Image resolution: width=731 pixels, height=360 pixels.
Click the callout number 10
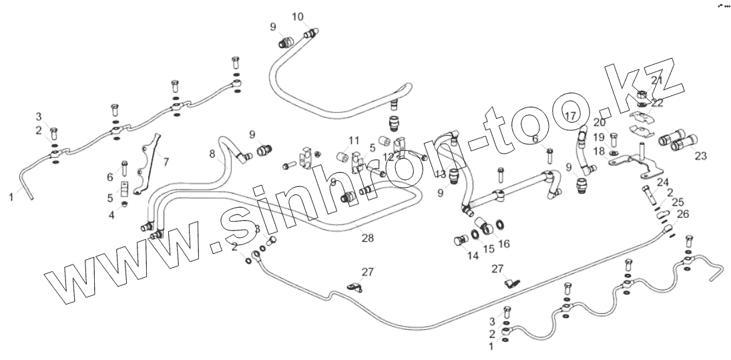pos(297,16)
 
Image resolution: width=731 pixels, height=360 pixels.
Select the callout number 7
pos(166,161)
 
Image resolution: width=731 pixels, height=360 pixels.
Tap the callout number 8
pos(212,154)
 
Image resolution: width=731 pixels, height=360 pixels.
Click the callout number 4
pos(111,214)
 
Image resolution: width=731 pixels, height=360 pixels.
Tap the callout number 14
pos(473,255)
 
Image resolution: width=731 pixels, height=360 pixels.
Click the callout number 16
pos(504,244)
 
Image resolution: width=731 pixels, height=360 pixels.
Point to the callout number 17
pos(569,116)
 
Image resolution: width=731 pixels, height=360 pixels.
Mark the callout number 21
pos(657,81)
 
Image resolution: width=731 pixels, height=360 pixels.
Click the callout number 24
pos(663,182)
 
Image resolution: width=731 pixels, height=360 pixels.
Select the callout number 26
pos(682,214)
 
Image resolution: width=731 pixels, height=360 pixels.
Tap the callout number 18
pos(599,152)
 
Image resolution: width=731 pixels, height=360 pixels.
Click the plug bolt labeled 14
pos(459,241)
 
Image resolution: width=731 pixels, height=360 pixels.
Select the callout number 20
pos(599,122)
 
